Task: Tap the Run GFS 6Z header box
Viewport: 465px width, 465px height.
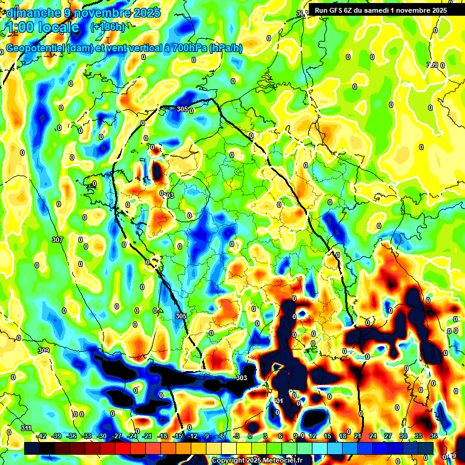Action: pyautogui.click(x=381, y=10)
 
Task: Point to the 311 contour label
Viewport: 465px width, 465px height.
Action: pyautogui.click(x=26, y=428)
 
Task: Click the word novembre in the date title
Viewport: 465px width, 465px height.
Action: pyautogui.click(x=99, y=13)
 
